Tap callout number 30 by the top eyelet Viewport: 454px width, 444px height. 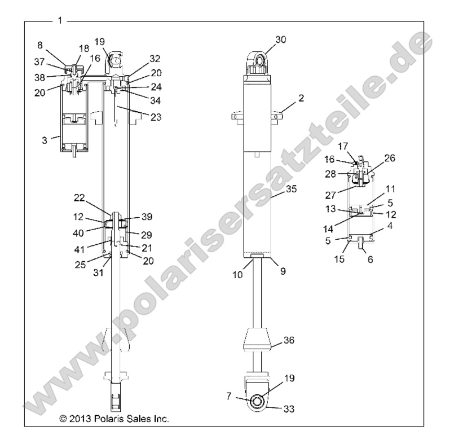(x=281, y=39)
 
